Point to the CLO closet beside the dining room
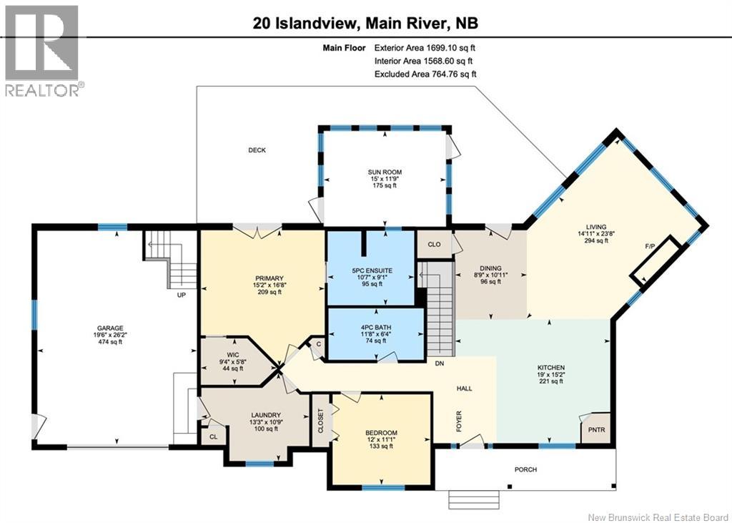[x=433, y=243]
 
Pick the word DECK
[x=257, y=150]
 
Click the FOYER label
[x=459, y=419]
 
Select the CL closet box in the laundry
[x=213, y=436]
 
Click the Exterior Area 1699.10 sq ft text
[x=425, y=48]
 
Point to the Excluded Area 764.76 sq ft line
[x=425, y=74]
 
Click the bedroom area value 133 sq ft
[x=380, y=446]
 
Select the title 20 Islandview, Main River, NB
[x=365, y=23]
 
